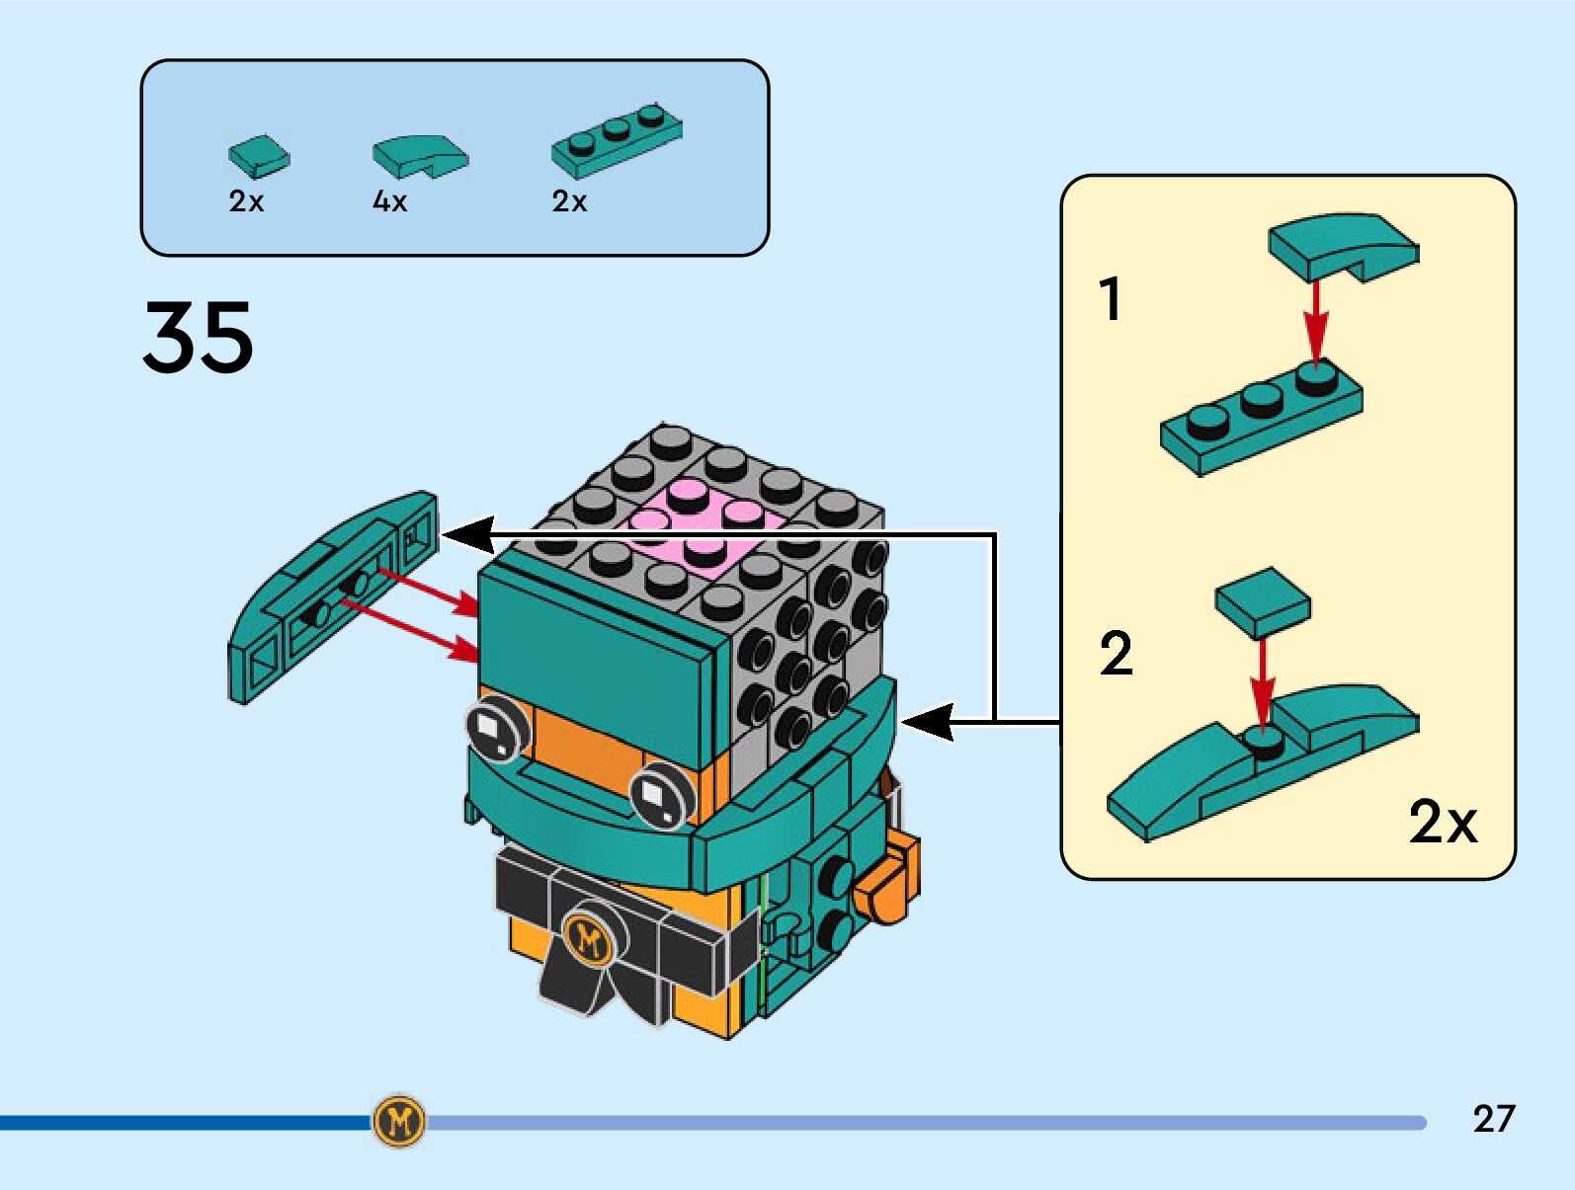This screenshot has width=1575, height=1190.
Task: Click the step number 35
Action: pos(198,338)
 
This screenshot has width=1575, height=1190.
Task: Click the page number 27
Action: pos(1493,1119)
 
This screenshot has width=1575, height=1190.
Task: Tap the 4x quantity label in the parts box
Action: pos(389,201)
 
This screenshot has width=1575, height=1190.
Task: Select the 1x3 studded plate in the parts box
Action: pos(617,139)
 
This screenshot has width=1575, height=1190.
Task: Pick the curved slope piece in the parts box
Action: pos(419,155)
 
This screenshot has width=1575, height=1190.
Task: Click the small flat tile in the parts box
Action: pos(259,155)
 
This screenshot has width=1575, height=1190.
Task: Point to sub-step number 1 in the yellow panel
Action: pos(1111,299)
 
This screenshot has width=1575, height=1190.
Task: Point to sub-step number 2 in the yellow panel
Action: pos(1116,654)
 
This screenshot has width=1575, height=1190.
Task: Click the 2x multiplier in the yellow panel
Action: pos(1442,821)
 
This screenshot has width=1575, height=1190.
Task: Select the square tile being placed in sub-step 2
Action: pos(1263,601)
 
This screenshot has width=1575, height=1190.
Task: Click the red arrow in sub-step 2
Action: pos(1262,681)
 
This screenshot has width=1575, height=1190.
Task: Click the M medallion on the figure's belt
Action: pos(590,939)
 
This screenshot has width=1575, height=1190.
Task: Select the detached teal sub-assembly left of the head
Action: pos(331,597)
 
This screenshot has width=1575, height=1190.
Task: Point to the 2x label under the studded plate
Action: pos(569,201)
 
